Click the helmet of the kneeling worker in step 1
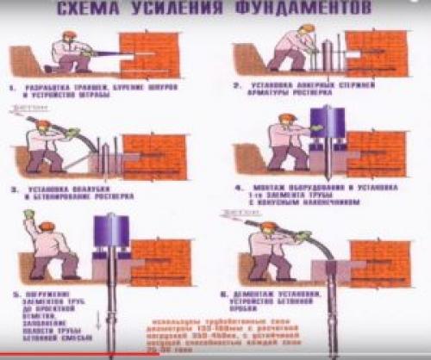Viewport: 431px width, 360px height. (x=70, y=37)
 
